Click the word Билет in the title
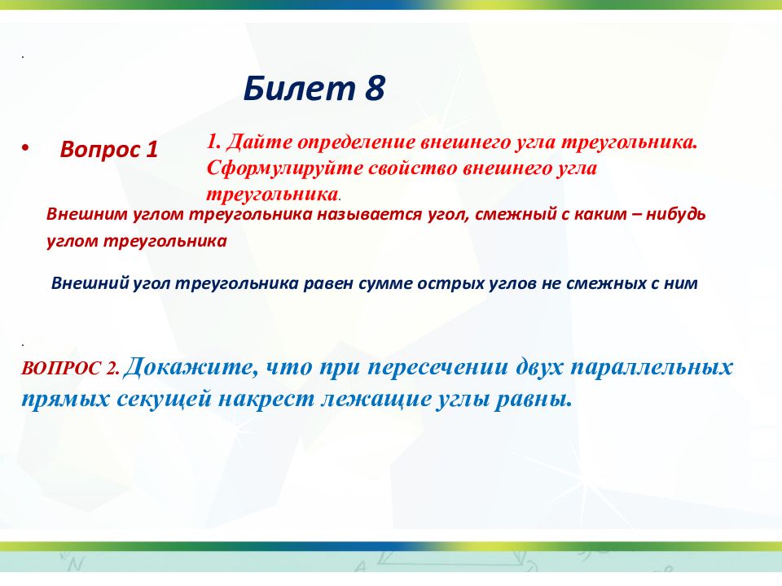tap(299, 88)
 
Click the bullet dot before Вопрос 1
tap(26, 148)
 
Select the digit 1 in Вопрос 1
tap(152, 149)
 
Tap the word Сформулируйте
tap(285, 168)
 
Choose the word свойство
tap(413, 168)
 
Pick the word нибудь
tap(677, 214)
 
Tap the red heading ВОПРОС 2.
tap(70, 368)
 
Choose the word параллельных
tap(652, 368)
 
